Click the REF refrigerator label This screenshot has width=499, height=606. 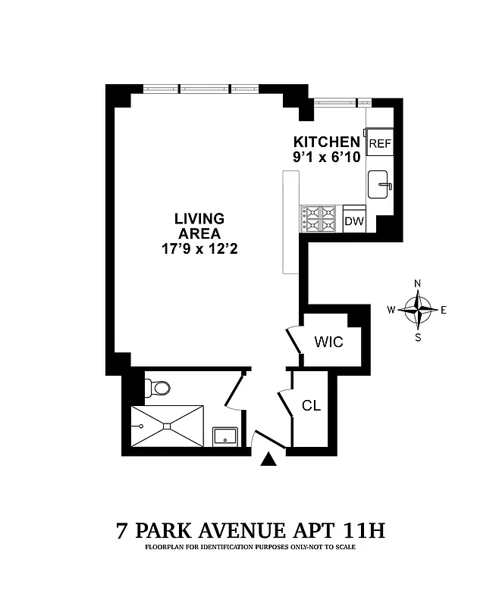point(379,143)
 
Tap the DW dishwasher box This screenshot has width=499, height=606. point(353,221)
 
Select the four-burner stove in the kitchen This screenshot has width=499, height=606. point(319,218)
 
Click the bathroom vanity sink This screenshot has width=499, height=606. point(226,436)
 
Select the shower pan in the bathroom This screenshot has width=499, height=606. point(168,426)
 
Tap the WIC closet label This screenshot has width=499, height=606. point(328,342)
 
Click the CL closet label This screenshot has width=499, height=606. point(311,406)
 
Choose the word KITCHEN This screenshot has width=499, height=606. point(327,142)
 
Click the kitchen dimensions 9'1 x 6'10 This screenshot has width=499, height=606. point(327,158)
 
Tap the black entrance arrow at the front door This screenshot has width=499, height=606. point(267,460)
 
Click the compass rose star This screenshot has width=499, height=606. point(417,308)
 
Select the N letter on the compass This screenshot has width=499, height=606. point(417,284)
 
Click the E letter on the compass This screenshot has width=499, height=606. point(444,309)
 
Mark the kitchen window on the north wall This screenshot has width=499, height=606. point(343,102)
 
